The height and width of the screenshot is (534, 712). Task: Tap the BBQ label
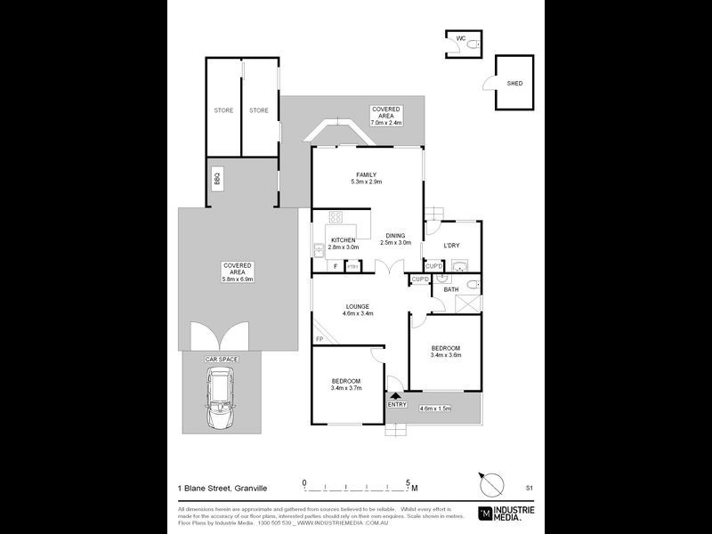tap(216, 178)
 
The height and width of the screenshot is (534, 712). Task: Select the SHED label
tap(514, 84)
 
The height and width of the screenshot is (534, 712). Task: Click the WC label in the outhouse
tap(461, 40)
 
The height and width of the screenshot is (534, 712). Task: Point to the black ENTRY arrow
tap(397, 395)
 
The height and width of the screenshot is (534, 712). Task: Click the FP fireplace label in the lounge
tap(318, 340)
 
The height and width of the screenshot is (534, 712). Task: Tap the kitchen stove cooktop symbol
tap(337, 217)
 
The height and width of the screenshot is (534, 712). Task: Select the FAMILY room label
tap(366, 174)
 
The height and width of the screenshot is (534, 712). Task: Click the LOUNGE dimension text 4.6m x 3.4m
tap(359, 313)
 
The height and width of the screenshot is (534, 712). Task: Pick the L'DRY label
tap(450, 245)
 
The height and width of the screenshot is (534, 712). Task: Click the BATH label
tap(450, 288)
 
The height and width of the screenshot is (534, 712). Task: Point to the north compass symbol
tap(489, 485)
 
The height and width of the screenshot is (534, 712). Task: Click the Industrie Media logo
tap(507, 513)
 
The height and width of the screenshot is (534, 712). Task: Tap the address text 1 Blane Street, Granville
tap(222, 489)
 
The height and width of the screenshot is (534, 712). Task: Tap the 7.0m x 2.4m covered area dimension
tap(386, 123)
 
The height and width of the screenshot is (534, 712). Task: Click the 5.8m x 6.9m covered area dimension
tap(238, 279)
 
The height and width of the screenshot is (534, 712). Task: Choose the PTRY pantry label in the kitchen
tap(352, 266)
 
